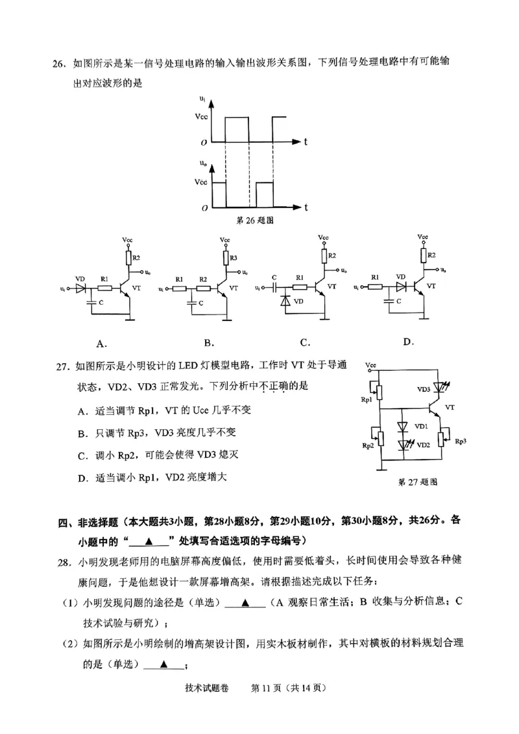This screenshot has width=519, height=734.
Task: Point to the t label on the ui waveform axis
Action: tap(305, 141)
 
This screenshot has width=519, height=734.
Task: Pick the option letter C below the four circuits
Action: tap(304, 343)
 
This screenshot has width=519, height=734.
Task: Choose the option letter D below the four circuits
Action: tap(408, 342)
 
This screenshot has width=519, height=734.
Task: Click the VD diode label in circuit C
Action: tap(299, 302)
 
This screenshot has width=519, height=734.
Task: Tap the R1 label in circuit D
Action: tap(375, 278)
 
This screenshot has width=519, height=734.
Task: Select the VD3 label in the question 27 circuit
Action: tap(424, 389)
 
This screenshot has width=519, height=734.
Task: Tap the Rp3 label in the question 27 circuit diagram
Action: tap(461, 441)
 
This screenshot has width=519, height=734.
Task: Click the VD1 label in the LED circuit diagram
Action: tap(421, 426)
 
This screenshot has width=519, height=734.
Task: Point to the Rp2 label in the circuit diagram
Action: tap(368, 446)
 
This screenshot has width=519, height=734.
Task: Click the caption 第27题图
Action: tap(418, 482)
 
